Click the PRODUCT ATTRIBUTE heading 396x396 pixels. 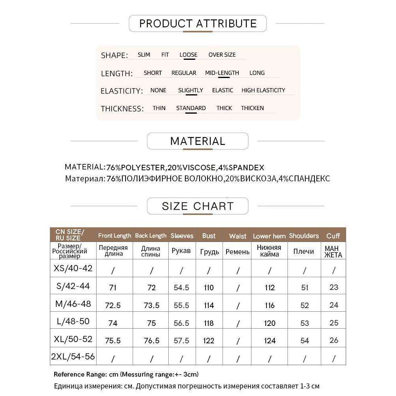tap(198, 23)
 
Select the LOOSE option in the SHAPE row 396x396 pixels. tap(188, 55)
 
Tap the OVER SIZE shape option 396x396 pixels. tap(222, 55)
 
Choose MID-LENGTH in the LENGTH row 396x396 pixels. tap(222, 73)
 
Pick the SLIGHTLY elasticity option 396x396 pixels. tap(190, 90)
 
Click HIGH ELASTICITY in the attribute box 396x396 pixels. tap(263, 90)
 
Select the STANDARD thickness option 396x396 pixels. tap(191, 108)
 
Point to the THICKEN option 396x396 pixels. tap(252, 108)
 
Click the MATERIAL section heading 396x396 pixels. tap(198, 141)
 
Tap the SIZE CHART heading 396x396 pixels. tap(198, 206)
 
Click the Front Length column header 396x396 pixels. tap(114, 236)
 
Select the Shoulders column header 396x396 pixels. tap(304, 236)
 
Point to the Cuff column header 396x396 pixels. tap(333, 236)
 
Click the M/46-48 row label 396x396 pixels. tap(73, 304)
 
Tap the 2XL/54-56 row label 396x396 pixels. tap(73, 356)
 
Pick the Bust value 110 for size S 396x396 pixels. tap(208, 287)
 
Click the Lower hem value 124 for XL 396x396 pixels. tap(269, 341)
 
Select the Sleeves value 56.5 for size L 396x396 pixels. tap(181, 323)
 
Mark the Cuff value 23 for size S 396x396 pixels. tap(334, 287)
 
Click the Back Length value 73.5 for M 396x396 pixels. tap(151, 305)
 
